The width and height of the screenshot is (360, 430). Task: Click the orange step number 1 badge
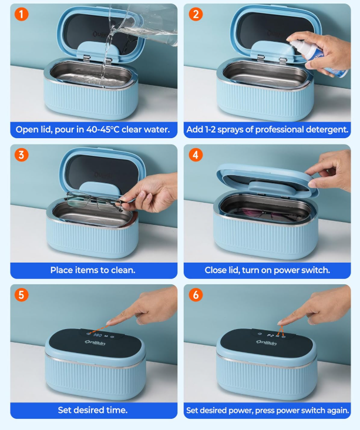(21, 14)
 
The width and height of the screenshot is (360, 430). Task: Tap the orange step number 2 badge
(196, 14)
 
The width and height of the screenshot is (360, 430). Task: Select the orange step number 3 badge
(21, 154)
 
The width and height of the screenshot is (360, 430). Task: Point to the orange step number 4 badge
(196, 154)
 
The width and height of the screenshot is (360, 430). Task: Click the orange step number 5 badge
(21, 295)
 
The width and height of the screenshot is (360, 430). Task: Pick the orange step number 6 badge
(196, 295)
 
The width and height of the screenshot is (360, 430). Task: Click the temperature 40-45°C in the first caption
(103, 129)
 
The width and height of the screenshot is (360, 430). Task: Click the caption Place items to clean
(93, 270)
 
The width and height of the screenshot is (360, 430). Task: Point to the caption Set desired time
(93, 410)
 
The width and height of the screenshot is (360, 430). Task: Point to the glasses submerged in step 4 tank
(263, 213)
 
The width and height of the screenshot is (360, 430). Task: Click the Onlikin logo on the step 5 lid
(95, 342)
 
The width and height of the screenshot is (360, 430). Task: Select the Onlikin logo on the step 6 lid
(266, 342)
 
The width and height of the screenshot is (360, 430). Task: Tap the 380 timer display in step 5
(97, 335)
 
